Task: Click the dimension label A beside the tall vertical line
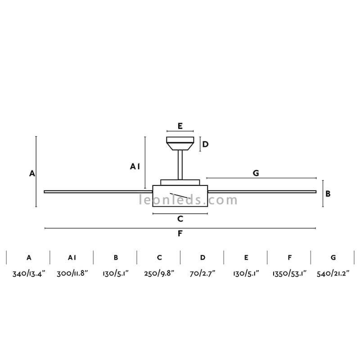[x=32, y=173]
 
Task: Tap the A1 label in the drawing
[x=135, y=166]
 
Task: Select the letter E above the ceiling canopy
[x=180, y=126]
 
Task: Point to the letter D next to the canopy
[x=205, y=144]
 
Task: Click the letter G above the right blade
[x=256, y=173]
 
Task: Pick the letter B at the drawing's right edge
[x=328, y=194]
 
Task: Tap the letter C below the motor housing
[x=180, y=219]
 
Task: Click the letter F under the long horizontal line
[x=180, y=234]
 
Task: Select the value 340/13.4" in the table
[x=29, y=274]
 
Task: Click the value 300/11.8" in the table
[x=72, y=274]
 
